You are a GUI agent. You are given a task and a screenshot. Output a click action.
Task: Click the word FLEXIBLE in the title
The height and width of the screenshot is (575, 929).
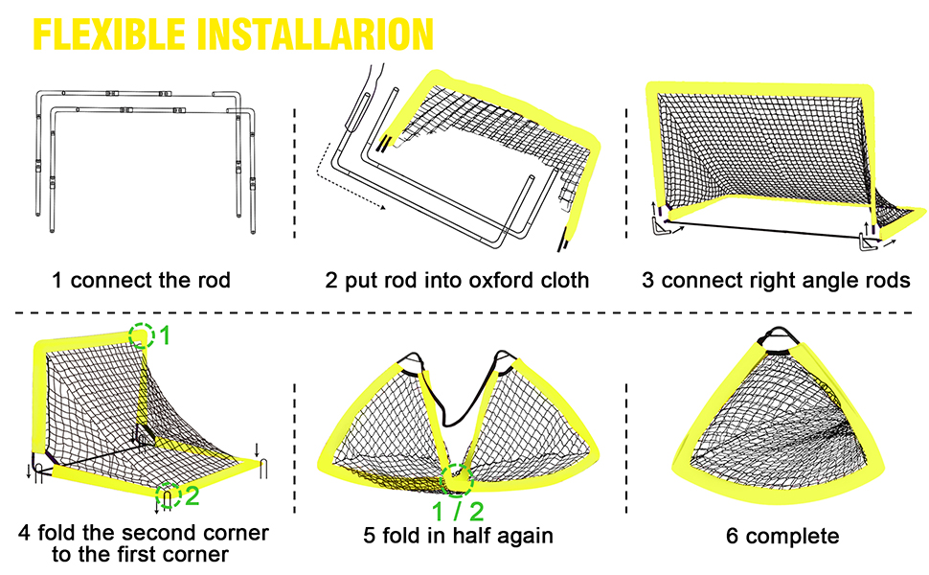click(x=109, y=33)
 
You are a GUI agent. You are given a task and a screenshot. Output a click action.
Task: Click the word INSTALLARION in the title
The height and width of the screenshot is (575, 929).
click(x=315, y=33)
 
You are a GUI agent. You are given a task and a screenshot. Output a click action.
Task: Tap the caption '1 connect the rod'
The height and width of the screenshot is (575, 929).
click(x=141, y=281)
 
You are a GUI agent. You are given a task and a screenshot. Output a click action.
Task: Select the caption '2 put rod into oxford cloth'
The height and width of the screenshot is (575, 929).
click(x=457, y=281)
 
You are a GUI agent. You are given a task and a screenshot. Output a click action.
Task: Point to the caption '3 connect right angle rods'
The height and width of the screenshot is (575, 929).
click(x=777, y=281)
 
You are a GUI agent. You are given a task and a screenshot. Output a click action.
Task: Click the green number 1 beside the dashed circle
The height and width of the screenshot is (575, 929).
click(x=165, y=334)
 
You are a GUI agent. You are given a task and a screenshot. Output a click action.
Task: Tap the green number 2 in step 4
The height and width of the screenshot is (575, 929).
click(x=193, y=495)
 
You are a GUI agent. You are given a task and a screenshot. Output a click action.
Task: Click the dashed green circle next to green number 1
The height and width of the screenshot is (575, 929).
click(x=143, y=334)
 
